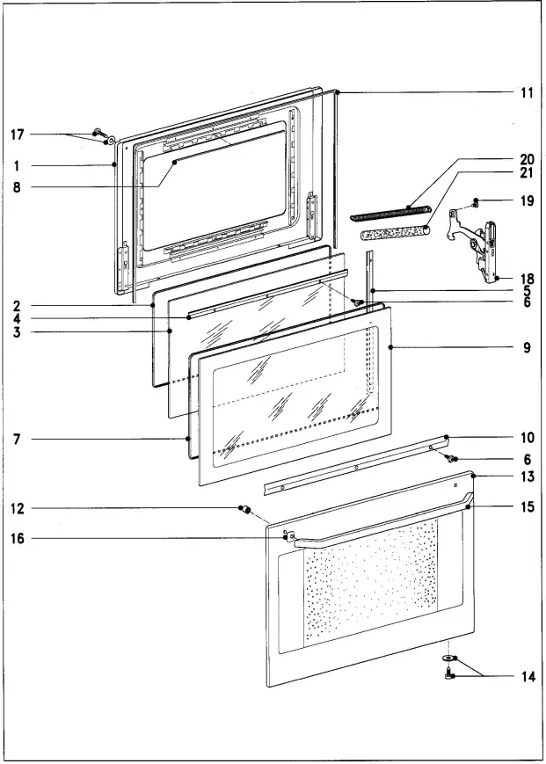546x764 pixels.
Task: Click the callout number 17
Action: [x=17, y=135]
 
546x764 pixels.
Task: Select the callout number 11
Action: [x=527, y=92]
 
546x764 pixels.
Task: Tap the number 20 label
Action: [x=527, y=159]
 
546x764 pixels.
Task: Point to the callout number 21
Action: [x=527, y=173]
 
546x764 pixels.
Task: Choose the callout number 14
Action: [x=527, y=677]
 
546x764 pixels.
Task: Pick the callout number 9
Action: [x=527, y=348]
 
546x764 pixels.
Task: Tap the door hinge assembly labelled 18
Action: [x=482, y=248]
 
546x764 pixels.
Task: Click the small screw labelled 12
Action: [x=245, y=510]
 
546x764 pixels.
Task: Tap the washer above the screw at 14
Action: [x=449, y=658]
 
